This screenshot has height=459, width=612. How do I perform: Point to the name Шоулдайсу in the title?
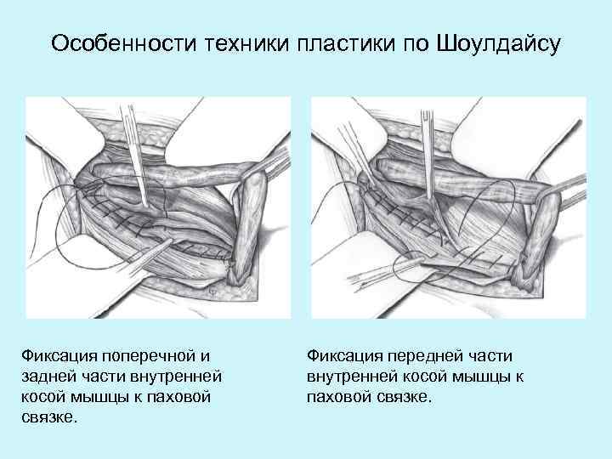(x=498, y=43)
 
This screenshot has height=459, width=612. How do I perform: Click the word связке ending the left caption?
(x=52, y=417)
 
